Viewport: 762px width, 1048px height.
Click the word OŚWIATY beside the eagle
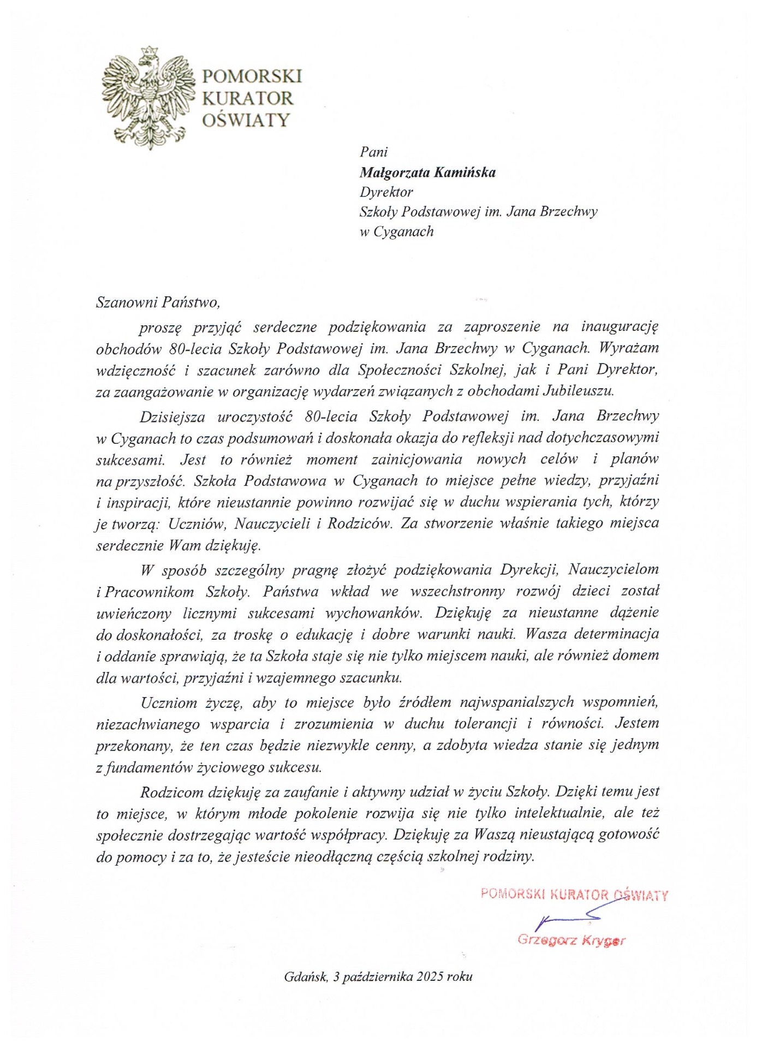coord(246,120)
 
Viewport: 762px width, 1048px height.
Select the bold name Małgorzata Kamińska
coord(427,173)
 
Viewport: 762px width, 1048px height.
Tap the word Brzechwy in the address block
coord(568,211)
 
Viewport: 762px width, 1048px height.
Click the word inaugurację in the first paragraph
coord(620,326)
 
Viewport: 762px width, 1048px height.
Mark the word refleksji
coord(486,438)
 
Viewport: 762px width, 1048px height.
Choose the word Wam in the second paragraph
coord(185,545)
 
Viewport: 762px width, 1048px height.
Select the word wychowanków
coord(374,613)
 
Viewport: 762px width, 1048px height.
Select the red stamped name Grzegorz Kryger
coord(571,940)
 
